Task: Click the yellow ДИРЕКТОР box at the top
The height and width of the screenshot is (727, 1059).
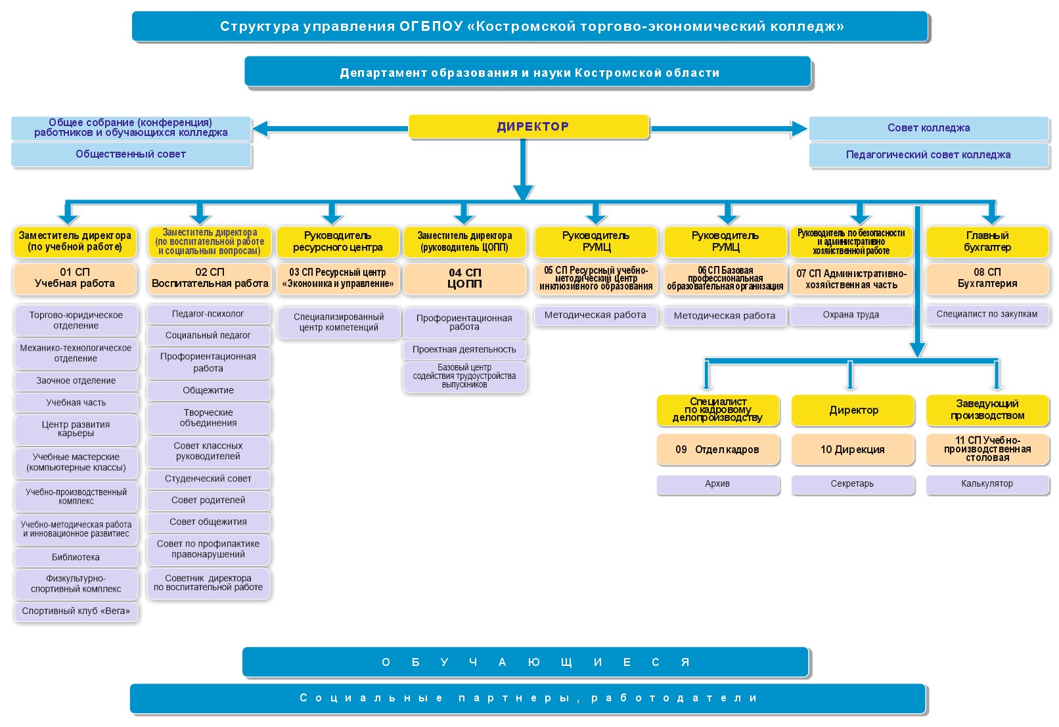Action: pyautogui.click(x=529, y=127)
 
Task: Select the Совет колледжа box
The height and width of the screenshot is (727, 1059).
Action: pyautogui.click(x=928, y=128)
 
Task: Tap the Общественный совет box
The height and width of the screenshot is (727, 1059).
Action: pyautogui.click(x=131, y=154)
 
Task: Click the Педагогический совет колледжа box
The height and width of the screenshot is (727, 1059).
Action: pyautogui.click(x=928, y=155)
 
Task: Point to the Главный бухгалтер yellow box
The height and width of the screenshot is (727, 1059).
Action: pyautogui.click(x=987, y=242)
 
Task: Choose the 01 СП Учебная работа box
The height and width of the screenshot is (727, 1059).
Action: pyautogui.click(x=75, y=278)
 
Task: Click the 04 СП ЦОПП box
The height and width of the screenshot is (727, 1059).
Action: pyautogui.click(x=464, y=278)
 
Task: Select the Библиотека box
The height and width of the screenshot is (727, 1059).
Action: pyautogui.click(x=76, y=557)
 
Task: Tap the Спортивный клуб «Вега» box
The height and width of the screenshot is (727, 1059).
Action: pyautogui.click(x=76, y=611)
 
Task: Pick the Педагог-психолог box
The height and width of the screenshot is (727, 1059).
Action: pyautogui.click(x=208, y=314)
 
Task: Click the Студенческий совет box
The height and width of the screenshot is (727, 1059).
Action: pyautogui.click(x=208, y=479)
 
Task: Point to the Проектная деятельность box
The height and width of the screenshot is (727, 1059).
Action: pyautogui.click(x=464, y=349)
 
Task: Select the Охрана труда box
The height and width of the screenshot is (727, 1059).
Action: pyautogui.click(x=851, y=315)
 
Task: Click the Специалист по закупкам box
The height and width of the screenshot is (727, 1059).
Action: pyautogui.click(x=987, y=314)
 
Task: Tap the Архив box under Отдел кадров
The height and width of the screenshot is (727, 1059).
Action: pyautogui.click(x=717, y=484)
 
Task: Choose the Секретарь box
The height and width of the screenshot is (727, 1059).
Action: pyautogui.click(x=852, y=484)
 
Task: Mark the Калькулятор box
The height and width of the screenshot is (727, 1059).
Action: pyautogui.click(x=987, y=484)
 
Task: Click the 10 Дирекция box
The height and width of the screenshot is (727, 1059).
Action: pyautogui.click(x=852, y=450)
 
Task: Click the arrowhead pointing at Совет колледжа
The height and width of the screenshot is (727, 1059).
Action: pyautogui.click(x=800, y=129)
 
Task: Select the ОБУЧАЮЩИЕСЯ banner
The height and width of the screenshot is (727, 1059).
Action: pyautogui.click(x=526, y=662)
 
